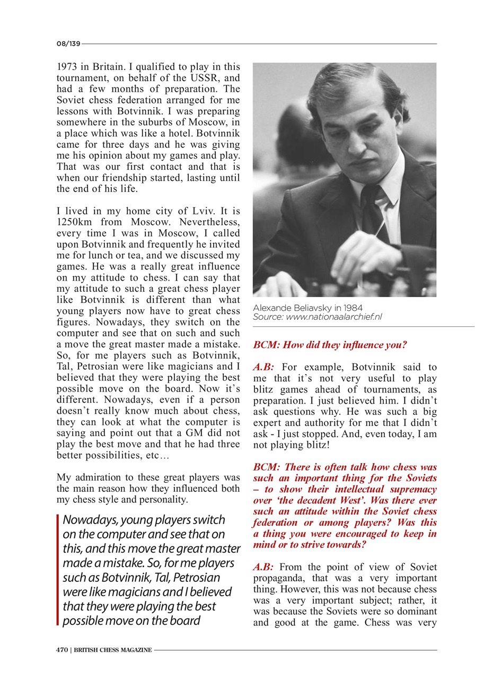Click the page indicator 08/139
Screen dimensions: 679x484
tap(68, 43)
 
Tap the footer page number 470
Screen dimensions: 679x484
tap(62, 650)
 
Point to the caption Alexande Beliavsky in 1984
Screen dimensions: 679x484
tap(307, 308)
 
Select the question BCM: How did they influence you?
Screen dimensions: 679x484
tap(330, 345)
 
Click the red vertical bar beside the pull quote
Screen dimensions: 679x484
tap(58, 570)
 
